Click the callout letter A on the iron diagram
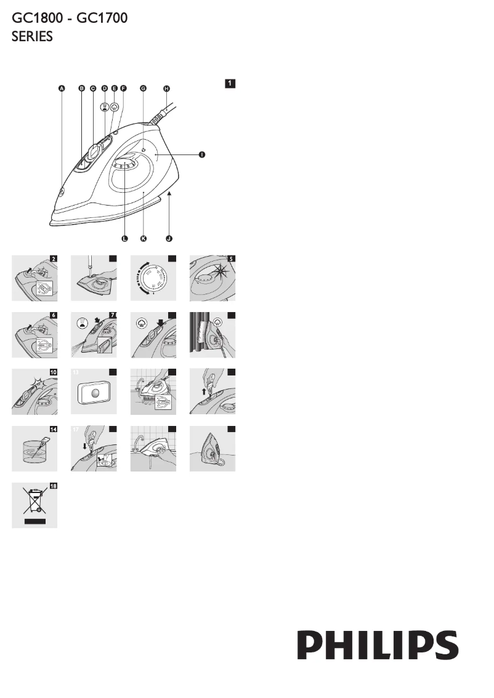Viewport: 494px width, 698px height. [x=61, y=89]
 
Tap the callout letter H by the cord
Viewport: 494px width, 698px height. [x=166, y=89]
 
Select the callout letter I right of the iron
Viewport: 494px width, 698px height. [x=201, y=155]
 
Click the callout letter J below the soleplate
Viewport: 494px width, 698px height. [x=169, y=238]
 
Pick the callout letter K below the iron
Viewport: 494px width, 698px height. [x=144, y=238]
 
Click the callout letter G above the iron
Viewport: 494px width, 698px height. [x=143, y=89]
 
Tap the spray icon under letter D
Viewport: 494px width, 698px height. [x=105, y=106]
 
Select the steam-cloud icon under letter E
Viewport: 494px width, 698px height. [x=114, y=106]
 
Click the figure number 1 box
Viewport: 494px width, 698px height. [x=229, y=82]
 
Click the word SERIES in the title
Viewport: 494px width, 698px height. [x=33, y=37]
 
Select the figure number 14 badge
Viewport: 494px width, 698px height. [x=52, y=430]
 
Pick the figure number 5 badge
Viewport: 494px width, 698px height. [x=230, y=259]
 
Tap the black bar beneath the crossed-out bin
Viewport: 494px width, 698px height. [x=34, y=521]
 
